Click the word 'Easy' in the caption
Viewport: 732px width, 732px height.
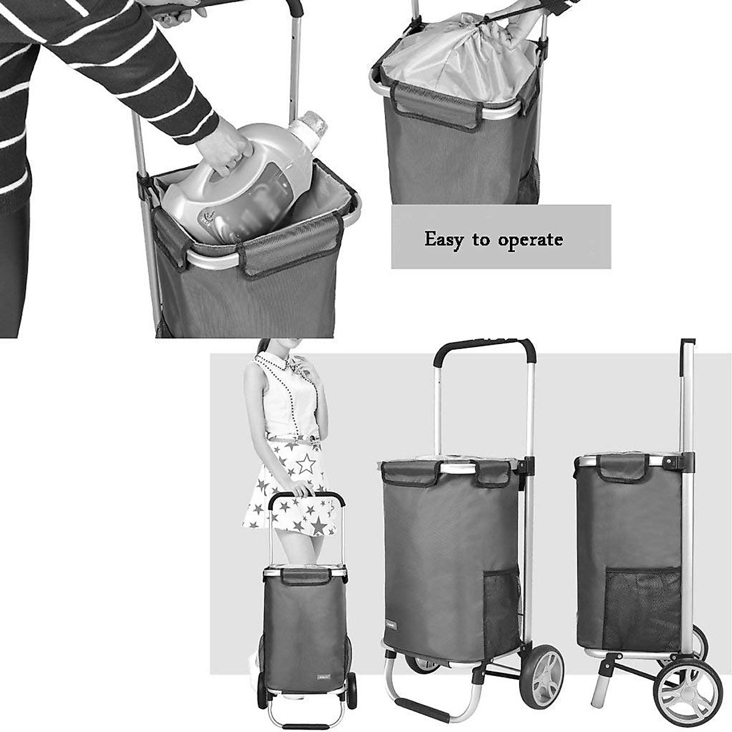pyautogui.click(x=445, y=239)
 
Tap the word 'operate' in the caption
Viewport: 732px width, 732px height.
pyautogui.click(x=530, y=240)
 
